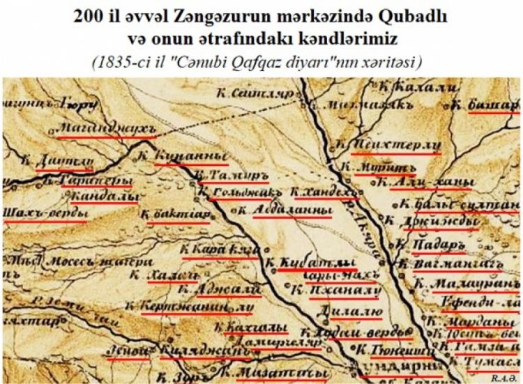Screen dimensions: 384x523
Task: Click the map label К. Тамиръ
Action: coord(225,174)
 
